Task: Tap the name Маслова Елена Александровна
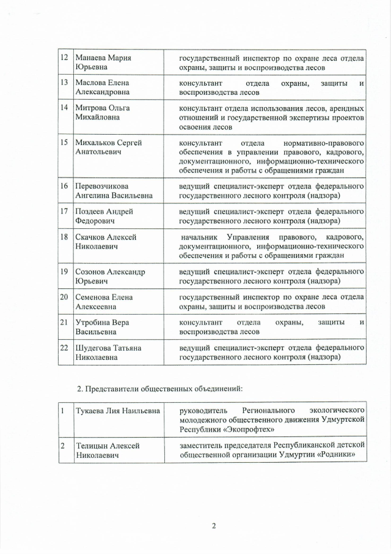(102, 87)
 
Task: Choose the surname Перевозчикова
(101, 185)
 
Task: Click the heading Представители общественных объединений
(165, 389)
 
